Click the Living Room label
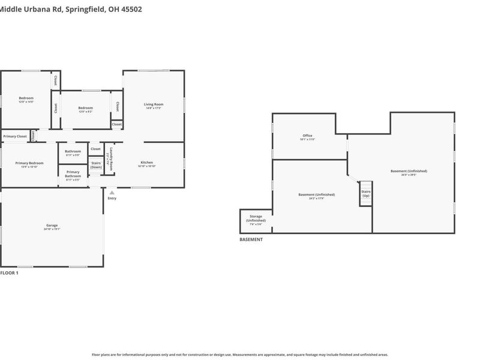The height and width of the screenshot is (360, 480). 153,104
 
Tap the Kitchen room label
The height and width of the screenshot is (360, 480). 147,163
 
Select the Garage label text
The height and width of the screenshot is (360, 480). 51,226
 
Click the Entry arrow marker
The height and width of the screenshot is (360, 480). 112,193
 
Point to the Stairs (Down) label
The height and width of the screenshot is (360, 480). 96,164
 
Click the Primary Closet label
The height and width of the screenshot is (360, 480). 15,136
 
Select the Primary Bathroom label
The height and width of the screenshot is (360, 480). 73,174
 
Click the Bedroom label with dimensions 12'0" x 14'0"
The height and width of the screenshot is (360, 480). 26,98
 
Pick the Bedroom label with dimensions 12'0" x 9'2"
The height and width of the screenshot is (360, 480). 85,108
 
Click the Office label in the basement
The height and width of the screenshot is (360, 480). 307,136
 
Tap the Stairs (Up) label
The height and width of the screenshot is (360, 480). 365,194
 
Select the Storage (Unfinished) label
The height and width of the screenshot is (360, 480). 256,218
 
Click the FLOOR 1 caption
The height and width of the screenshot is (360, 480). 9,273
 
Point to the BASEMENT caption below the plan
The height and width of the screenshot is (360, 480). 251,239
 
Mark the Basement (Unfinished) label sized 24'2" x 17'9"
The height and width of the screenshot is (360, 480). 316,194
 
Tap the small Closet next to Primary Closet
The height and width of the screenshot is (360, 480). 34,136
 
